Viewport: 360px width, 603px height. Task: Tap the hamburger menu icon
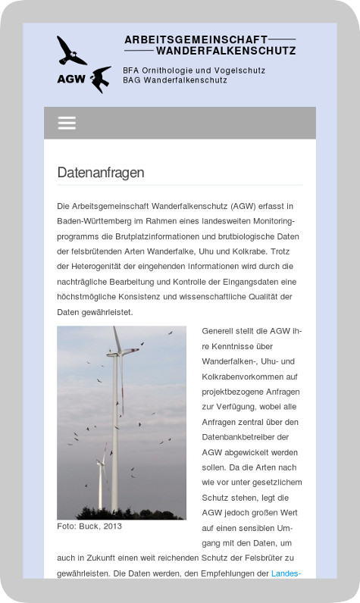[67, 123]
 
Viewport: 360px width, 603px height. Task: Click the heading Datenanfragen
[101, 173]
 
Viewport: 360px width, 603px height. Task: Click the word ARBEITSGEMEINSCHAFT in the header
[196, 39]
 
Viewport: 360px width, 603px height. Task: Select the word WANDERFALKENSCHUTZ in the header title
[225, 51]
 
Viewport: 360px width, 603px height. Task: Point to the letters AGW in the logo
[70, 77]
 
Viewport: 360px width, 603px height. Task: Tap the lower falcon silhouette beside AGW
[101, 78]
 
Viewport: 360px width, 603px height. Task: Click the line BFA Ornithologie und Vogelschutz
[194, 70]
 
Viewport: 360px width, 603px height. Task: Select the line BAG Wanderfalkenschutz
[175, 80]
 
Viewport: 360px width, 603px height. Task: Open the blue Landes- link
[286, 573]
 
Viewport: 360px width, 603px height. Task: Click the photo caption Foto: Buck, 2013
[89, 526]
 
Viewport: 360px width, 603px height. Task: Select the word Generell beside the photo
[219, 331]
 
